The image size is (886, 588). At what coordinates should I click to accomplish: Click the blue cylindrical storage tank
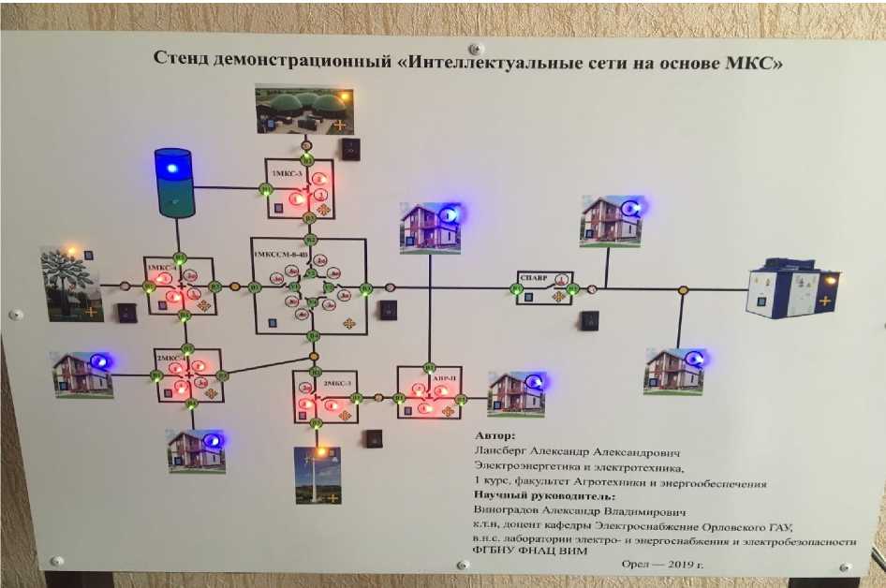pos(173,182)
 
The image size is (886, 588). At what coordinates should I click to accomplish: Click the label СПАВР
pos(531,277)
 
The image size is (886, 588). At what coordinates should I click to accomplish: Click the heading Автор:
pos(495,435)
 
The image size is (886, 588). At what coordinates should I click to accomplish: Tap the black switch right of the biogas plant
pos(349,148)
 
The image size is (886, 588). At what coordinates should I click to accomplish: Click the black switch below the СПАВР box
pos(589,320)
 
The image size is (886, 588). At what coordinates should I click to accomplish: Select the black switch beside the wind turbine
pos(374,437)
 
